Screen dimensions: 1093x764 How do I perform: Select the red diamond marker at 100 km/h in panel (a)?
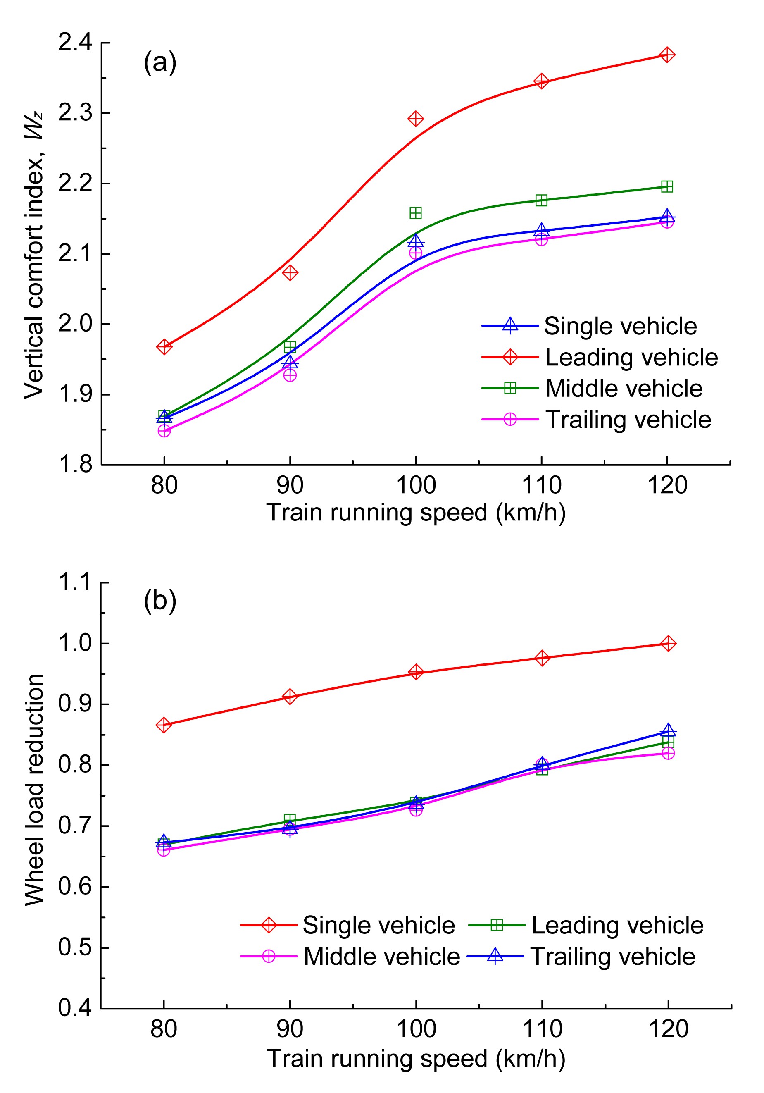point(416,119)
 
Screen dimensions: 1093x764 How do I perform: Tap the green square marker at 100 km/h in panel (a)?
point(416,213)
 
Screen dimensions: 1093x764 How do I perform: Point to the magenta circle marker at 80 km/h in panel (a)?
point(164,431)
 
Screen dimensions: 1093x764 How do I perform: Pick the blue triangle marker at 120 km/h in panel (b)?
point(668,731)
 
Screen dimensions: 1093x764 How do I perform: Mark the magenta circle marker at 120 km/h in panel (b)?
point(668,753)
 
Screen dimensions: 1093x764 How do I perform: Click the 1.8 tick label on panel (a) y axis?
point(75,464)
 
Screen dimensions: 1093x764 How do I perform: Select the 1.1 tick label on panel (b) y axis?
point(75,582)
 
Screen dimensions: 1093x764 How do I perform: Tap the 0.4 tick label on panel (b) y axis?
point(75,1008)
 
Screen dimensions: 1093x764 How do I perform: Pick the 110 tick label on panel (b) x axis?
point(542,1029)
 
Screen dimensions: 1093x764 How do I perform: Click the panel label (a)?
point(160,62)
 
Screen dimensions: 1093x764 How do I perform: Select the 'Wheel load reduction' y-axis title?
point(34,790)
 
